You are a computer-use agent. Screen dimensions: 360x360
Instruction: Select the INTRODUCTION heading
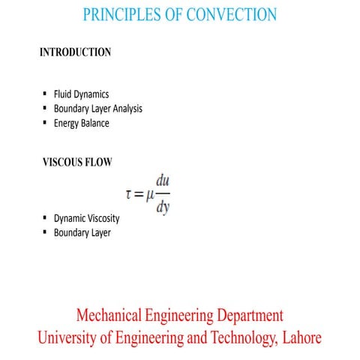point(75,52)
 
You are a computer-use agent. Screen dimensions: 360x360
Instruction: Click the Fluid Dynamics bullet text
point(81,94)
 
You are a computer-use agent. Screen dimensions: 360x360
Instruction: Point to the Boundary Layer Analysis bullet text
point(97,109)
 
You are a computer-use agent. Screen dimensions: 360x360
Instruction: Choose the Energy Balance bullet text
point(81,123)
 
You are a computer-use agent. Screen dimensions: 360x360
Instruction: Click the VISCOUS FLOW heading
point(77,162)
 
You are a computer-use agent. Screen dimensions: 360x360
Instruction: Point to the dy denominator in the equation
point(163,208)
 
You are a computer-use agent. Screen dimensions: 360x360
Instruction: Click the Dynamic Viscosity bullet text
point(86,218)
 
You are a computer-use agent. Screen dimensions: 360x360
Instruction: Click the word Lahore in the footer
point(300,338)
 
